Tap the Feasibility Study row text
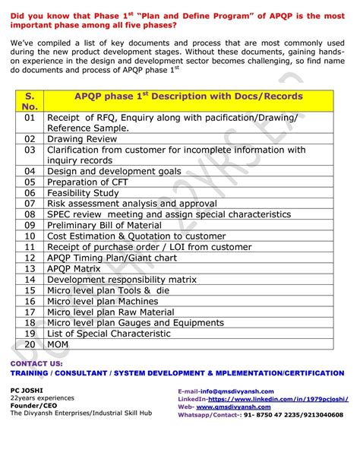point(83,193)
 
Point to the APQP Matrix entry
point(74,268)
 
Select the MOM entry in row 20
point(59,344)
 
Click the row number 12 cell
point(30,258)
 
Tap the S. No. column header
point(30,102)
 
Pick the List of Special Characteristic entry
point(109,334)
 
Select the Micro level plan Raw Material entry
point(110,312)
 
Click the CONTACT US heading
point(36,364)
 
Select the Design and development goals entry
point(114,172)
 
